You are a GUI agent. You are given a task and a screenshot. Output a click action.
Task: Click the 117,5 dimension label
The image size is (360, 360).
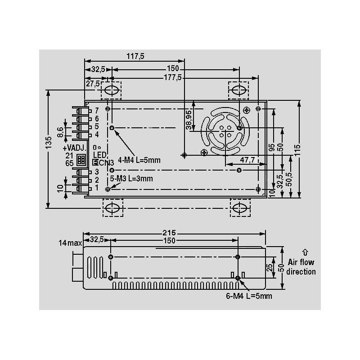135,56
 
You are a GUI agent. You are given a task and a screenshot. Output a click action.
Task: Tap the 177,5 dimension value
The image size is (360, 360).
173,77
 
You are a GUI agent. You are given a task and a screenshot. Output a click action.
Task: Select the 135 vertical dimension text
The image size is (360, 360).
49,143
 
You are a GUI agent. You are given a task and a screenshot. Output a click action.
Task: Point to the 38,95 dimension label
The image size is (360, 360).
189,120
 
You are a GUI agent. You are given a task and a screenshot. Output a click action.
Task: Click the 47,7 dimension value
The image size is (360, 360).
247,160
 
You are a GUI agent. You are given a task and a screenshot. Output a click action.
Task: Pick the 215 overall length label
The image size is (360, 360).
169,233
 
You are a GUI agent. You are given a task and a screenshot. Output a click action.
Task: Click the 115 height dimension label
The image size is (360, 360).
297,150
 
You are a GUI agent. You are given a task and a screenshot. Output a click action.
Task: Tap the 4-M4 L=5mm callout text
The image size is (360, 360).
139,160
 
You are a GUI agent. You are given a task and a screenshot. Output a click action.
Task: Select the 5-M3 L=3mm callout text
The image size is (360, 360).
131,178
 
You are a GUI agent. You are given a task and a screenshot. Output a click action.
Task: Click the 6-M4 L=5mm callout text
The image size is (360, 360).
249,296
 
